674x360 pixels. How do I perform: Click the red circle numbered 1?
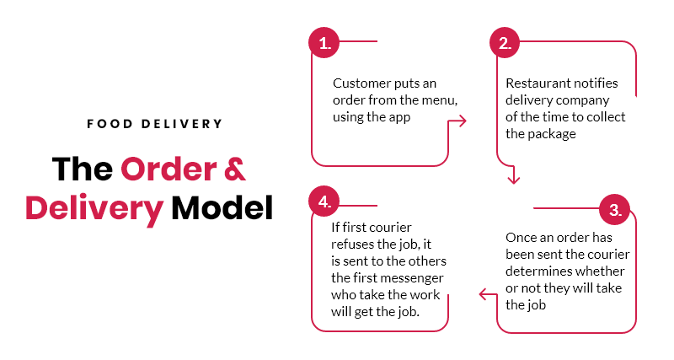tap(324, 43)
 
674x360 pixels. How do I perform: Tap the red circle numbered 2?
tap(505, 43)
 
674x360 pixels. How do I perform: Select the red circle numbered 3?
tap(615, 209)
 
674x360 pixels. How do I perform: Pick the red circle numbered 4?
tap(324, 201)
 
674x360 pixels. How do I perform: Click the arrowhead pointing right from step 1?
tap(462, 121)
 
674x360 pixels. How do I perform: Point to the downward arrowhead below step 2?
tap(513, 179)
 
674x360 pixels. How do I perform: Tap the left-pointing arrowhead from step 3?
tap(484, 294)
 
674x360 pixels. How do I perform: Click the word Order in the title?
tap(169, 169)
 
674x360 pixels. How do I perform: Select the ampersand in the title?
tap(235, 169)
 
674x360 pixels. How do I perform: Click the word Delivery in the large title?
tap(94, 209)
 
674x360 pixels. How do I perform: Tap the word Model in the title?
tap(222, 208)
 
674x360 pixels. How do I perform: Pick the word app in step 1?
tap(399, 117)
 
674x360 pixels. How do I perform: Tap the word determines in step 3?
tap(534, 271)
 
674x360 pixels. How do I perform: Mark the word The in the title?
tap(83, 169)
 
